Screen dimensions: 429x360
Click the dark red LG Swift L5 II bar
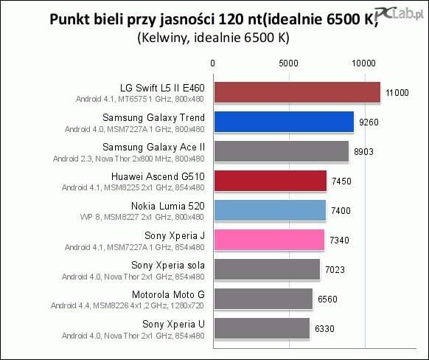(297, 92)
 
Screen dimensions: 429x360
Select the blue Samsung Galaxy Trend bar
(284, 122)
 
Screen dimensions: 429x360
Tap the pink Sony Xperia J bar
(270, 240)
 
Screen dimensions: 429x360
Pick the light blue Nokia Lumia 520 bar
(270, 210)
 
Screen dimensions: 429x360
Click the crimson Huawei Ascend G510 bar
(271, 181)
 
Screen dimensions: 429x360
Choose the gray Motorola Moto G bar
(263, 299)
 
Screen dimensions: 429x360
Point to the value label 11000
(397, 93)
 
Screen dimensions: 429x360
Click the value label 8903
(363, 152)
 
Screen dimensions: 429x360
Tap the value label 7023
(335, 270)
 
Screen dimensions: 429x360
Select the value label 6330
(324, 328)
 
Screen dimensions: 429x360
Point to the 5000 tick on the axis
(288, 63)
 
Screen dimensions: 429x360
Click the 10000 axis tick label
(363, 63)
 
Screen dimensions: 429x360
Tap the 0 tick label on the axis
(212, 63)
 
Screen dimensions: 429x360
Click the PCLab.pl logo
(399, 14)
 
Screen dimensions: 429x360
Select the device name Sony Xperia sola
(168, 265)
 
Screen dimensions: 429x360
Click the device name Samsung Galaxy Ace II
(154, 147)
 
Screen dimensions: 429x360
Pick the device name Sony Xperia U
(173, 324)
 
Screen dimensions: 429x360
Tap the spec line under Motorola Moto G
(128, 305)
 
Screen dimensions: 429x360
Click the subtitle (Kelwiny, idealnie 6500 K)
(214, 38)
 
